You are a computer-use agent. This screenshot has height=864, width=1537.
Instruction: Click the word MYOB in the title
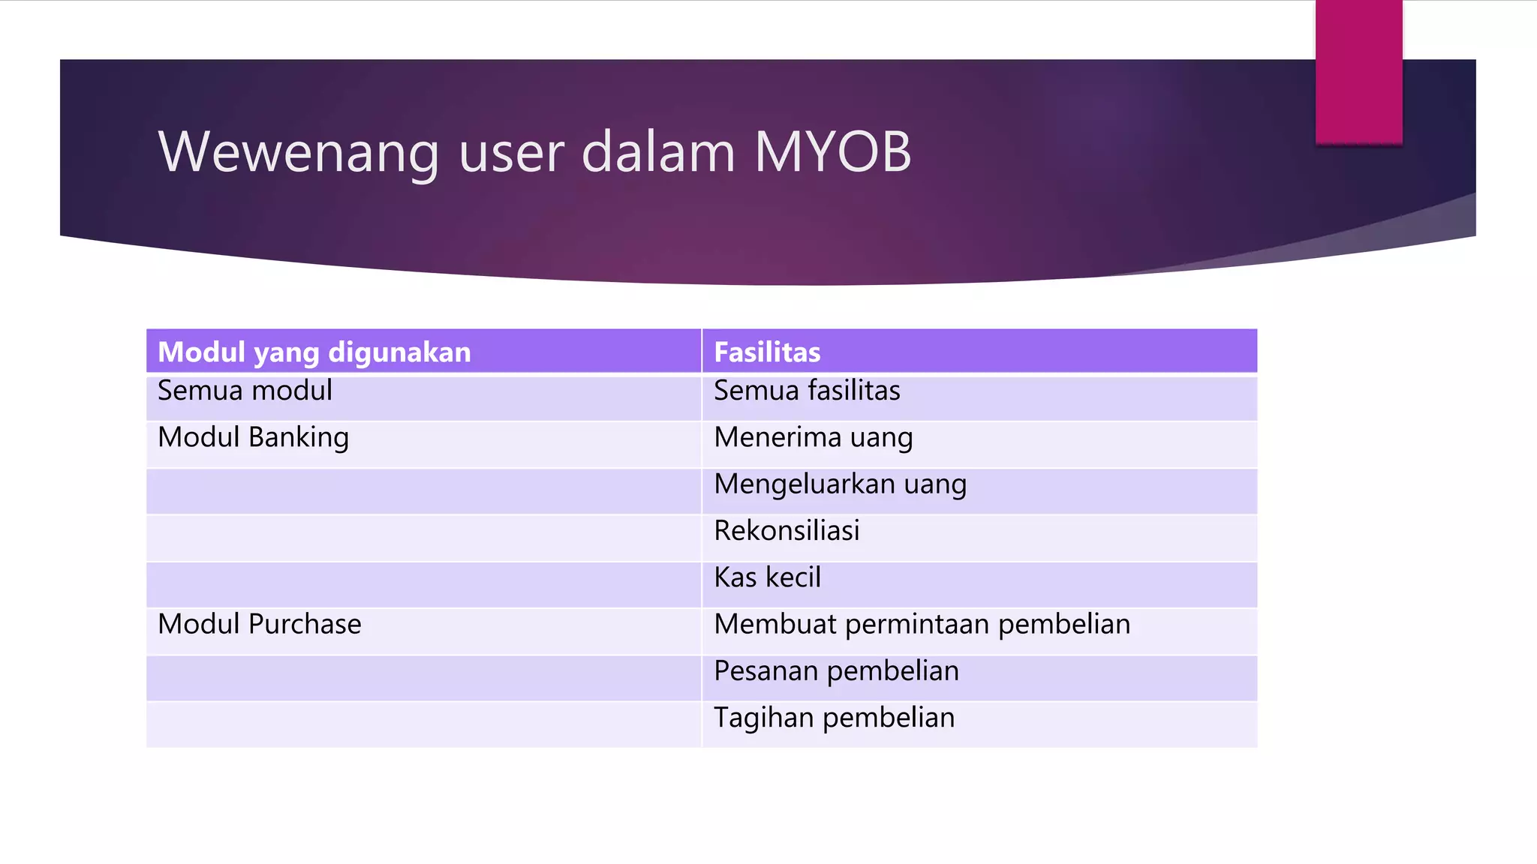point(832,152)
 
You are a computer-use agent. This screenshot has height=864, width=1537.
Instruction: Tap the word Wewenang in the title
point(298,152)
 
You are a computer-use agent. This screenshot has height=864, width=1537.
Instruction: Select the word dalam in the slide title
point(658,152)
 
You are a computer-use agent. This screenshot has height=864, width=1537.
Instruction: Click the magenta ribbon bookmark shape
point(1358,71)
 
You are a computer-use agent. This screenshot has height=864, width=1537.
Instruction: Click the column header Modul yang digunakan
point(314,352)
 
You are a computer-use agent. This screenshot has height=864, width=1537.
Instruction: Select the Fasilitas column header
point(767,352)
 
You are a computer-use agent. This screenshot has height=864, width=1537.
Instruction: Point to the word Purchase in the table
point(305,624)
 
